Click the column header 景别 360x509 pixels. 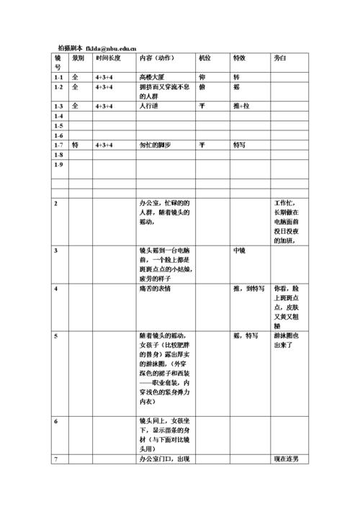[78, 57]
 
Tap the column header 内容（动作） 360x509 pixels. [156, 57]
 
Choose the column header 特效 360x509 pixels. [240, 57]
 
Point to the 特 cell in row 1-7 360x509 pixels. [75, 145]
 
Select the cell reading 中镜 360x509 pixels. [240, 250]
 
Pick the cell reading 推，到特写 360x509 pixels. [249, 288]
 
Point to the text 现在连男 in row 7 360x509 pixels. [286, 459]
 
